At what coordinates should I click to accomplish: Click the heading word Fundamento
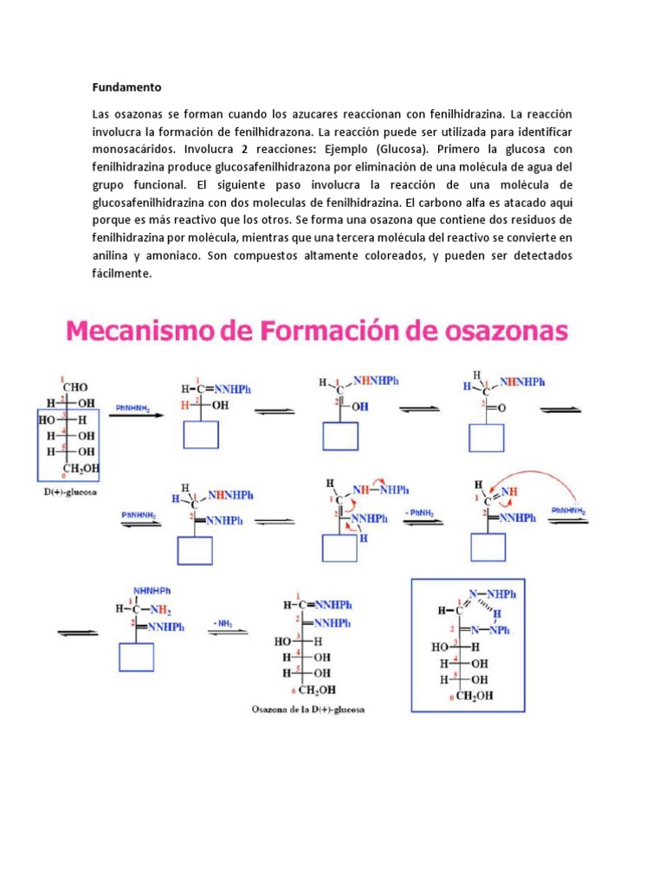click(126, 87)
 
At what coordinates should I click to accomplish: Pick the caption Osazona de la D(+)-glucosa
click(308, 711)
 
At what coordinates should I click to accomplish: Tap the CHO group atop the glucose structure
click(73, 387)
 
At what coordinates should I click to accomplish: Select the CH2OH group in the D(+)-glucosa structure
click(82, 468)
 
